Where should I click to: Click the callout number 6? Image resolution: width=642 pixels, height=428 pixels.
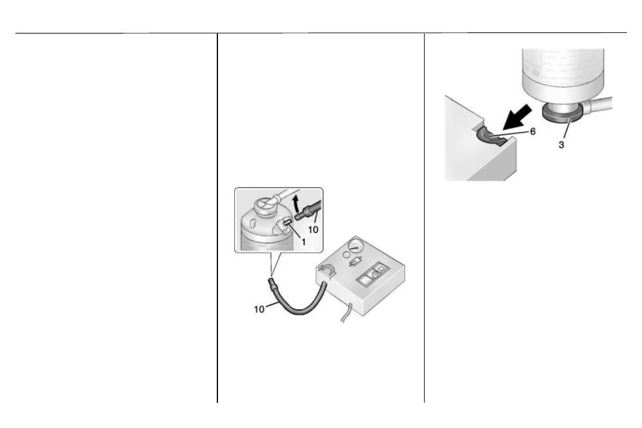(532, 132)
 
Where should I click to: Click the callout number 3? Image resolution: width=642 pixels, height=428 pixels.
(561, 144)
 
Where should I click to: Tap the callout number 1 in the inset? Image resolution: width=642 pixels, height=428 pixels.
(304, 242)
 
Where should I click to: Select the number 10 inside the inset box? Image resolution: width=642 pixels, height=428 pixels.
(313, 230)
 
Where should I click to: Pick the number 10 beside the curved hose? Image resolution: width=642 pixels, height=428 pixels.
(259, 309)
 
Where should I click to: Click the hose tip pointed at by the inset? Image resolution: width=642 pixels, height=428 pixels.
(271, 283)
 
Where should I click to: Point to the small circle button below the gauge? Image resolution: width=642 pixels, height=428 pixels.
(346, 255)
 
